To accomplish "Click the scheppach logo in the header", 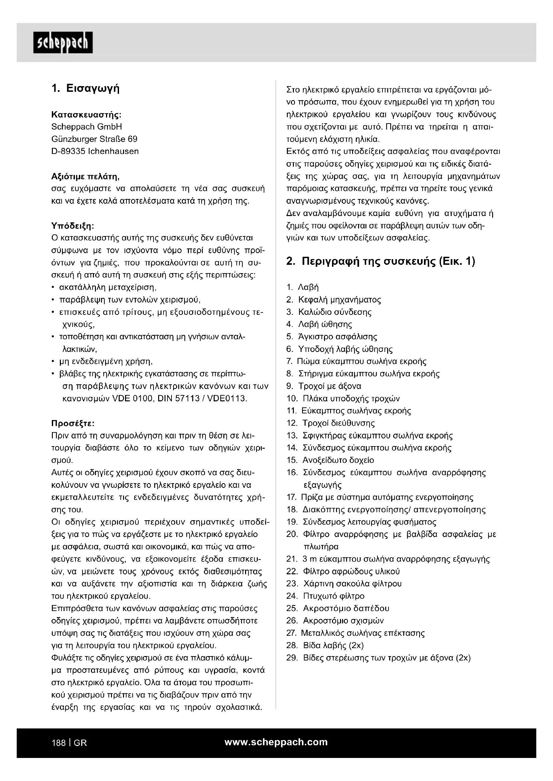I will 63,43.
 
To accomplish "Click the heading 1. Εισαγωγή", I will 86,89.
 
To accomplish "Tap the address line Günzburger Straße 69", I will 94,139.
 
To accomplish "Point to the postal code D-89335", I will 68,151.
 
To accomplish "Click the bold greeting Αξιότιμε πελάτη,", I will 85,177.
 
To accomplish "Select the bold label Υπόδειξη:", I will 73,225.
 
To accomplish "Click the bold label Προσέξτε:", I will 73,423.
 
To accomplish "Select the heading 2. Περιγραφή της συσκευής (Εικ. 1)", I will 381,261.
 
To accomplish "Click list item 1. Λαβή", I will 303,287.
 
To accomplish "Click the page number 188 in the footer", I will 58,743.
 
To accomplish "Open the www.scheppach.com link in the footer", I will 276,742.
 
